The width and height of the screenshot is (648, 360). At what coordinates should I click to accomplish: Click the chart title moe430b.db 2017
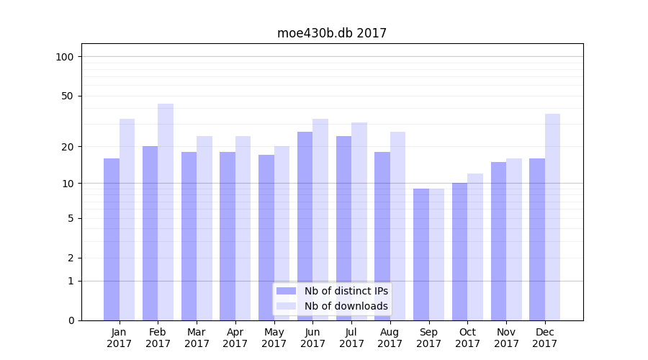(332, 33)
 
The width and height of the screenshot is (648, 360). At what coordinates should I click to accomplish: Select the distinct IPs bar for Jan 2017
(112, 239)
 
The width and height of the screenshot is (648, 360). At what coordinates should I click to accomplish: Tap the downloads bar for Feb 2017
(166, 212)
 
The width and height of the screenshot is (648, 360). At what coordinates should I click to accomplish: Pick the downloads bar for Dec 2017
(553, 217)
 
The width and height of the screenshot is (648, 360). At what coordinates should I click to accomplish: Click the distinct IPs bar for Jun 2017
(305, 226)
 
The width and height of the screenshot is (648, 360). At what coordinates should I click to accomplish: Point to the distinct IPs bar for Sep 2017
(421, 254)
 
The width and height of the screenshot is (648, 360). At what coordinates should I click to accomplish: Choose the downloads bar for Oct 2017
(475, 247)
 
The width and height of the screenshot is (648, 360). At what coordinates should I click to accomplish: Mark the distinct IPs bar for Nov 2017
(499, 241)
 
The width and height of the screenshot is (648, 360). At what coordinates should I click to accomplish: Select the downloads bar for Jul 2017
(359, 221)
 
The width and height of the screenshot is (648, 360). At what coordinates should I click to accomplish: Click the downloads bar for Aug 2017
(398, 226)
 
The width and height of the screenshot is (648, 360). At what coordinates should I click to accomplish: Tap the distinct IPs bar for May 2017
(266, 238)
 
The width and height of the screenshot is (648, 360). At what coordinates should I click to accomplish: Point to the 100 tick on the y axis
(65, 57)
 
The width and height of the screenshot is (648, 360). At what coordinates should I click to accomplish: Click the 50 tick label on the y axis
(68, 96)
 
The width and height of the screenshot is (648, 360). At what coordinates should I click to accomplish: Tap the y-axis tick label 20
(68, 147)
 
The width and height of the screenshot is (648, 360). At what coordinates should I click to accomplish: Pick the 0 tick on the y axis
(71, 320)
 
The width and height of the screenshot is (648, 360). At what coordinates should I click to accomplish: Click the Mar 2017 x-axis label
(197, 338)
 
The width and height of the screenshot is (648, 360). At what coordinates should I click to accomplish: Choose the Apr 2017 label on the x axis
(235, 338)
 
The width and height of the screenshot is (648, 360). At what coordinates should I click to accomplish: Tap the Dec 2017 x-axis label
(545, 338)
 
